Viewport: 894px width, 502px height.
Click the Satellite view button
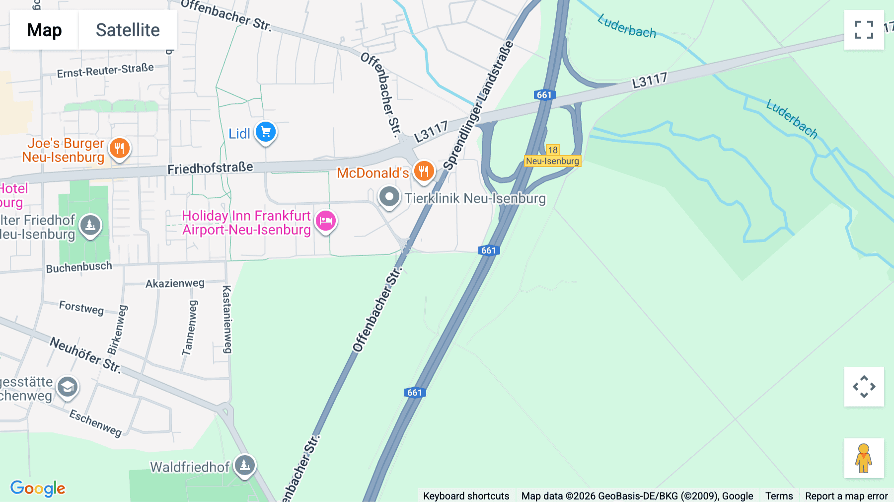point(128,30)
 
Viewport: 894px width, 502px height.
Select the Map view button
point(44,30)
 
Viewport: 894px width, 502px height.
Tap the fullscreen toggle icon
point(864,30)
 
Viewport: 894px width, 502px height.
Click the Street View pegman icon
point(864,458)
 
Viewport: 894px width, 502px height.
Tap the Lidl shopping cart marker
point(266,132)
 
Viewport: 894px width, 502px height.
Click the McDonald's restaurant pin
point(424,171)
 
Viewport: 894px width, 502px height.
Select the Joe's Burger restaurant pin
point(120,148)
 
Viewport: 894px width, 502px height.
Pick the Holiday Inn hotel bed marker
point(326,221)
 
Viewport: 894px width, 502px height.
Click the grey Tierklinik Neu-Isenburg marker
point(389,197)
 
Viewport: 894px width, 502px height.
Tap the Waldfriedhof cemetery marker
point(244,466)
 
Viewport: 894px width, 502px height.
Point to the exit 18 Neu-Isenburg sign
point(552,156)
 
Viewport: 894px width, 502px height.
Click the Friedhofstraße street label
point(210,168)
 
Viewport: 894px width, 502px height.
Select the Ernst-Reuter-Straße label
point(105,71)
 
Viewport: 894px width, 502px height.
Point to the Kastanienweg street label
point(227,319)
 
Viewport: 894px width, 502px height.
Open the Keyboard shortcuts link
point(466,496)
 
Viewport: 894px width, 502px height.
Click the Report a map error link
point(846,496)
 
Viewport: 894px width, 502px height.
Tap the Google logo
point(38,488)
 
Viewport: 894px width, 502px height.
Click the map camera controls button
point(864,386)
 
